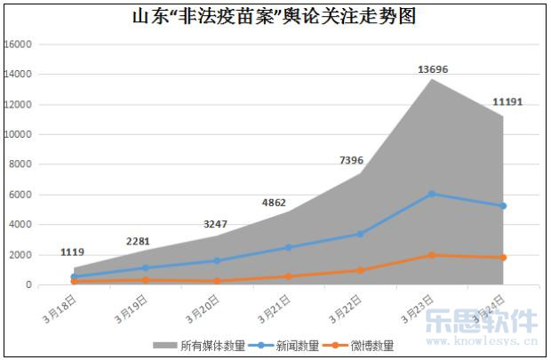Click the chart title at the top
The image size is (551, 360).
pos(274,16)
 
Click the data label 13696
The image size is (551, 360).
pos(433,69)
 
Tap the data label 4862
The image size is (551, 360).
pos(274,203)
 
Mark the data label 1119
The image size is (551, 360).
pos(73,252)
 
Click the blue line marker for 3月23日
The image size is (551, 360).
pos(432,194)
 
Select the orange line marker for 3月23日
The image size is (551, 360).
pos(432,255)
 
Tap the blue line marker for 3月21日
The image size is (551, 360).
pos(288,247)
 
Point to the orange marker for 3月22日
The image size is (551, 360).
pos(360,270)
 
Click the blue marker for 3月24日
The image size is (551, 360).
pos(504,206)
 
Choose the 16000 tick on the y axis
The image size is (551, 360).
pos(19,44)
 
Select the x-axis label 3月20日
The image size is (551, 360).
pos(203,305)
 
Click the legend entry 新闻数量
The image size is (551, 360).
pos(283,345)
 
